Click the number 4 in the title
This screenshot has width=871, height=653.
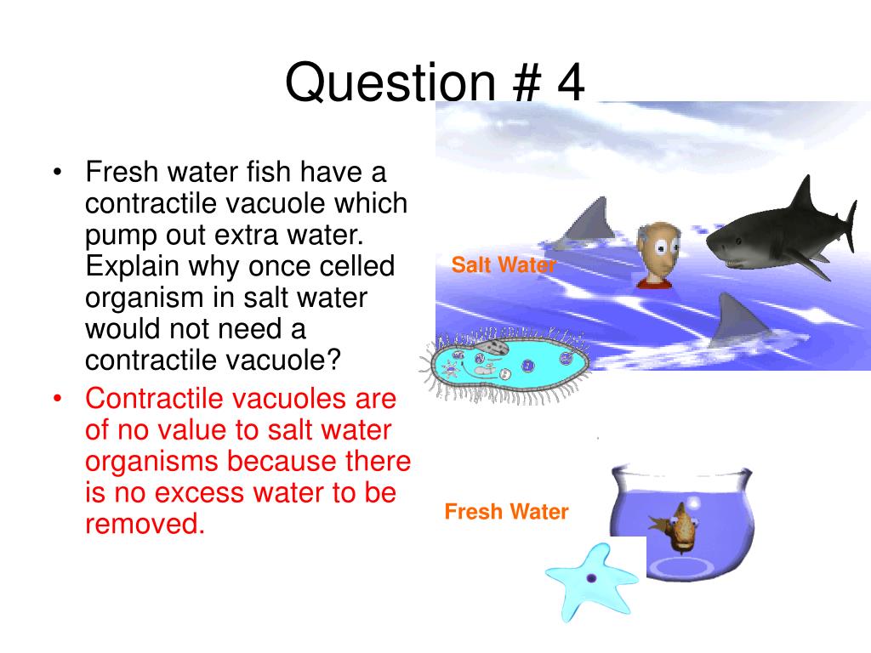571,82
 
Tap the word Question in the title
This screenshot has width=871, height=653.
390,83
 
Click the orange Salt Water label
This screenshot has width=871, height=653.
504,265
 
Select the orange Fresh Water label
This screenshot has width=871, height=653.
507,511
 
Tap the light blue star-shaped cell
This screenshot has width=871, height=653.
592,581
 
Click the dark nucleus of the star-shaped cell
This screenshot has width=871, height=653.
592,578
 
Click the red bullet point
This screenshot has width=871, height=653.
57,399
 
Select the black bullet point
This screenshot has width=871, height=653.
57,172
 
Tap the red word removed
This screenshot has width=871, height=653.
145,524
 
